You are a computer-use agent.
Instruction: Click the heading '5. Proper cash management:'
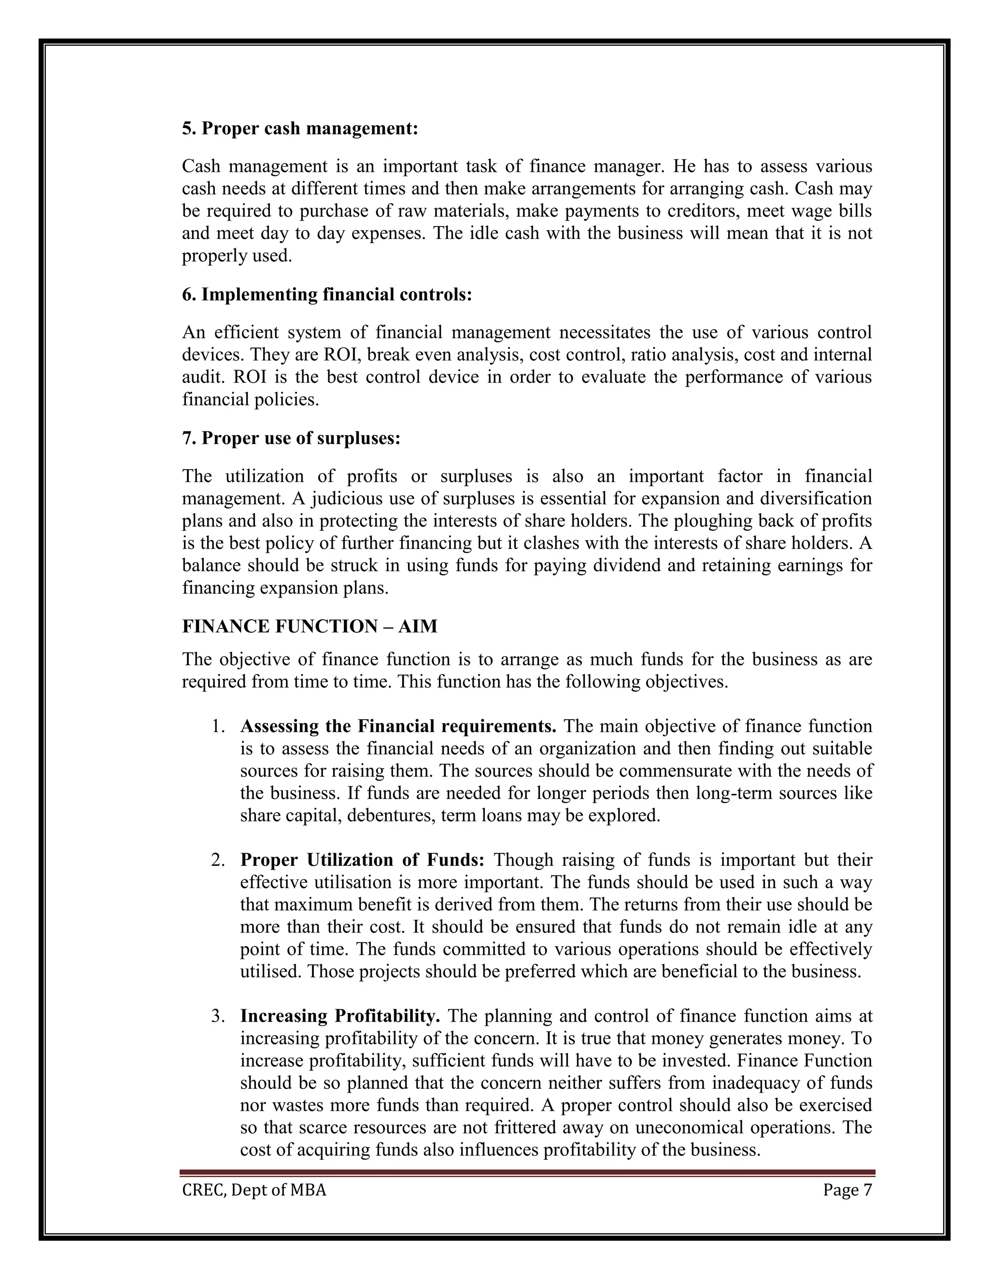(x=300, y=128)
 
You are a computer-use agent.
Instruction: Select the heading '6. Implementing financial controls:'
(x=327, y=294)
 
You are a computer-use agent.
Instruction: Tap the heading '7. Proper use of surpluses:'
(x=291, y=438)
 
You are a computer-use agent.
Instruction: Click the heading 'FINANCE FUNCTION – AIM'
(x=310, y=626)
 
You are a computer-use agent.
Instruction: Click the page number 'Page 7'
(x=847, y=1190)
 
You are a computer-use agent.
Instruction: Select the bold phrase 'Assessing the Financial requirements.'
(x=398, y=726)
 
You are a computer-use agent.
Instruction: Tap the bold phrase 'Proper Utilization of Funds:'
(x=362, y=860)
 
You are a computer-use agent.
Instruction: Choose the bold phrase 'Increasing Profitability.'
(x=340, y=1015)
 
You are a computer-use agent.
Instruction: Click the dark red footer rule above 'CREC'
(x=527, y=1173)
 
